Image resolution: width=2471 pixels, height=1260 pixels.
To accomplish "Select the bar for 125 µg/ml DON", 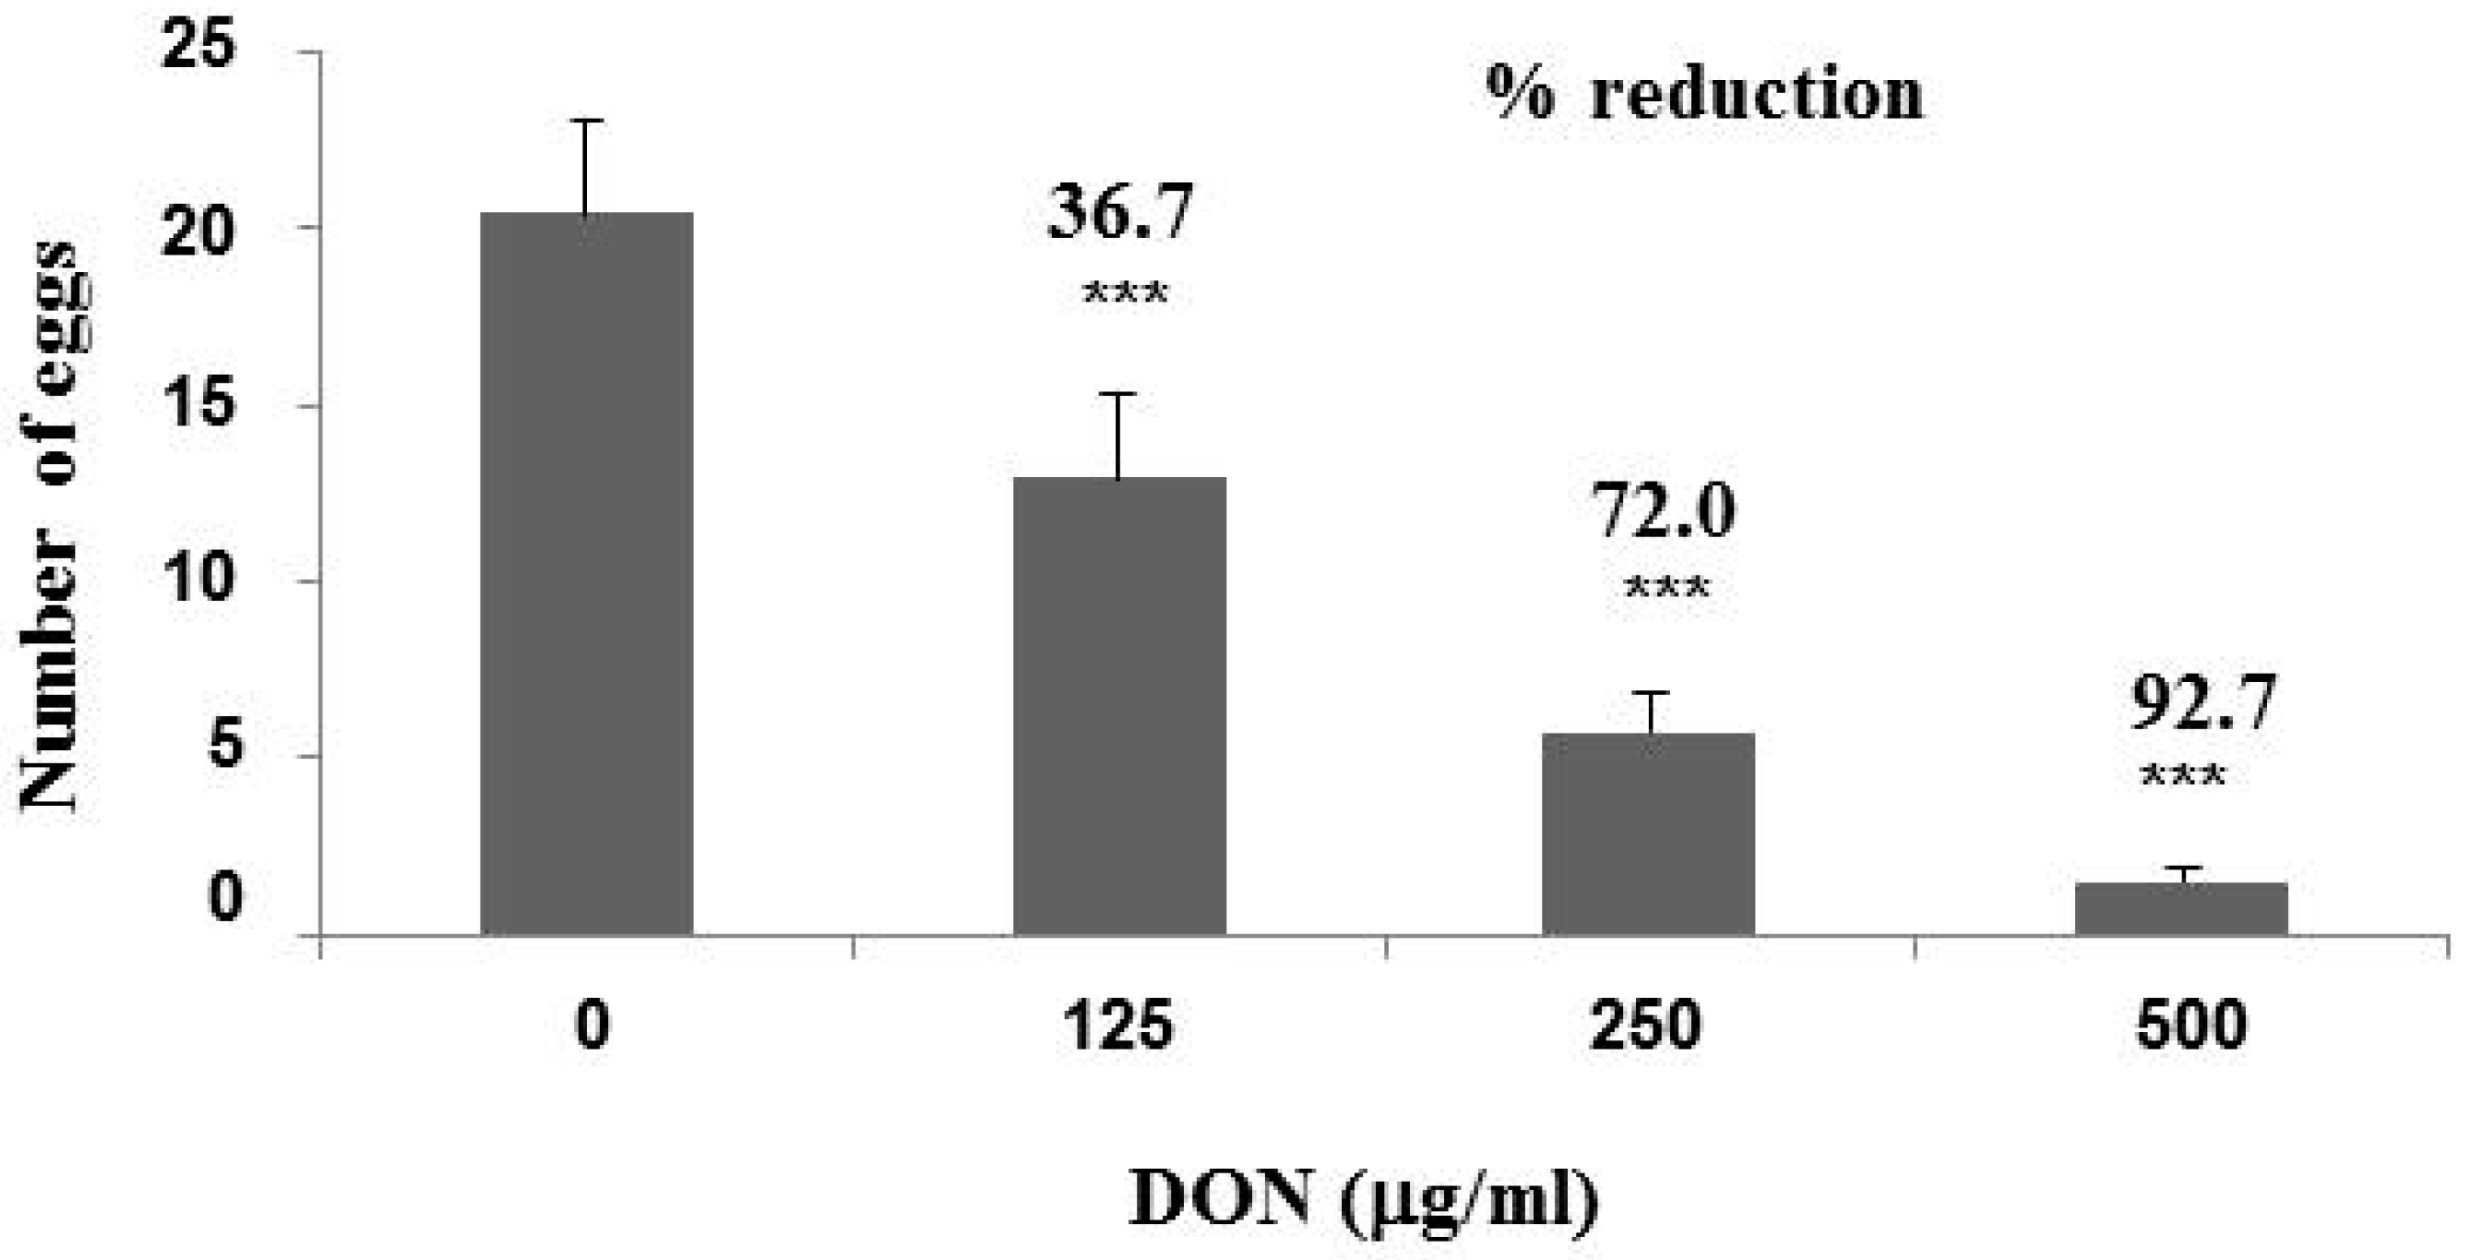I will click(1120, 705).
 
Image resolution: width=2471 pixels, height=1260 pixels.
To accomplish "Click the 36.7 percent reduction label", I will click(1121, 212).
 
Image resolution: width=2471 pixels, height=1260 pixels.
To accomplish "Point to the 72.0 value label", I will click(1664, 511).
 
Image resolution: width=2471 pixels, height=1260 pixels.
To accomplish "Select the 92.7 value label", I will click(2203, 702).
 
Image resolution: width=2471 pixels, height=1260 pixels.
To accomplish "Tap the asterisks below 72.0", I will click(1667, 587).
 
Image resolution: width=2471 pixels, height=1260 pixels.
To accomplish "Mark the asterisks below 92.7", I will click(2183, 776).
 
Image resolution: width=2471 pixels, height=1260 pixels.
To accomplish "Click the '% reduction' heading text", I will click(1705, 94).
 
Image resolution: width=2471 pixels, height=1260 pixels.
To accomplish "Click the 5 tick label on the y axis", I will click(222, 746).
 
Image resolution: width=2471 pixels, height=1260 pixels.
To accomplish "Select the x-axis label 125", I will click(1119, 1024).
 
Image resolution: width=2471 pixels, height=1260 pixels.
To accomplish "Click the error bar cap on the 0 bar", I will click(586, 121).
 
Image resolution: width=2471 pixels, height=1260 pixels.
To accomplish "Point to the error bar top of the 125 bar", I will click(1119, 393).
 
